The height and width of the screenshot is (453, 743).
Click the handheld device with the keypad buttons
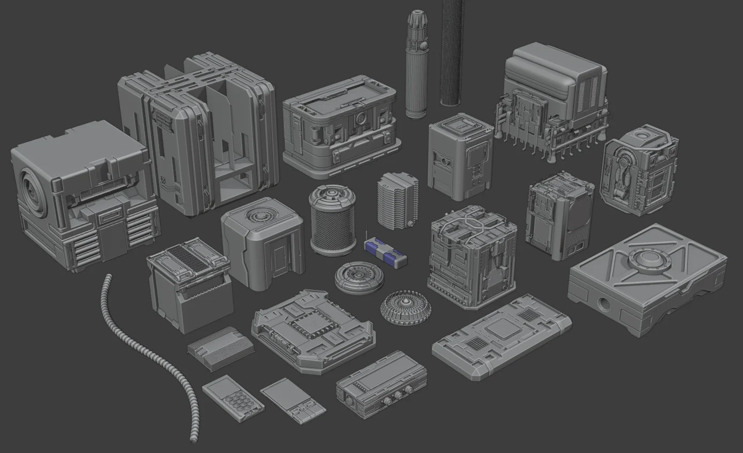tap(233, 398)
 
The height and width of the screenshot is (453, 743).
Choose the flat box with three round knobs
tap(381, 383)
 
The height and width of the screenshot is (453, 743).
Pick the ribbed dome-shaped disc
tap(405, 309)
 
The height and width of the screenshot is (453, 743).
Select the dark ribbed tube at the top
tap(452, 53)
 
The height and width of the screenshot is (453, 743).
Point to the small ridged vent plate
tap(220, 348)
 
